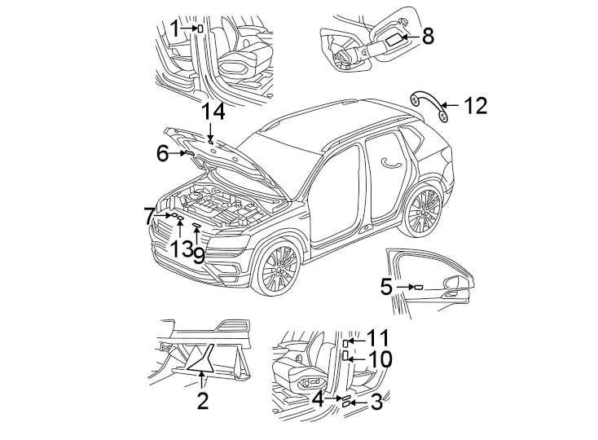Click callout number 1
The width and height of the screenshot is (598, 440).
pos(174,29)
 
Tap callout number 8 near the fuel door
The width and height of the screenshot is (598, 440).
pos(428,36)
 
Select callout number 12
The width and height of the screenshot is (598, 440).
pos(475,106)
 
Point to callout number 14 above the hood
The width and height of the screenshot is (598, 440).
pos(213,112)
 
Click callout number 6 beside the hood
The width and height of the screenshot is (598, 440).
pos(162,152)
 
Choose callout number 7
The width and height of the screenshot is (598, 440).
pos(149,216)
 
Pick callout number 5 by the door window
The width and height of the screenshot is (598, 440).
pos(386,287)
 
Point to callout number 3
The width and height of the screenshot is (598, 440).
pos(376,401)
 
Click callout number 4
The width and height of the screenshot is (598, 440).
pos(318,398)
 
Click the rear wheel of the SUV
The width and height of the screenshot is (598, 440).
pos(424,212)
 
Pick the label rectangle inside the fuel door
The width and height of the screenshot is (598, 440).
pos(393,37)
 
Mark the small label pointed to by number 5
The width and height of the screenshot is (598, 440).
pos(418,287)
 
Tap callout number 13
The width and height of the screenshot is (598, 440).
pos(180,250)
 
